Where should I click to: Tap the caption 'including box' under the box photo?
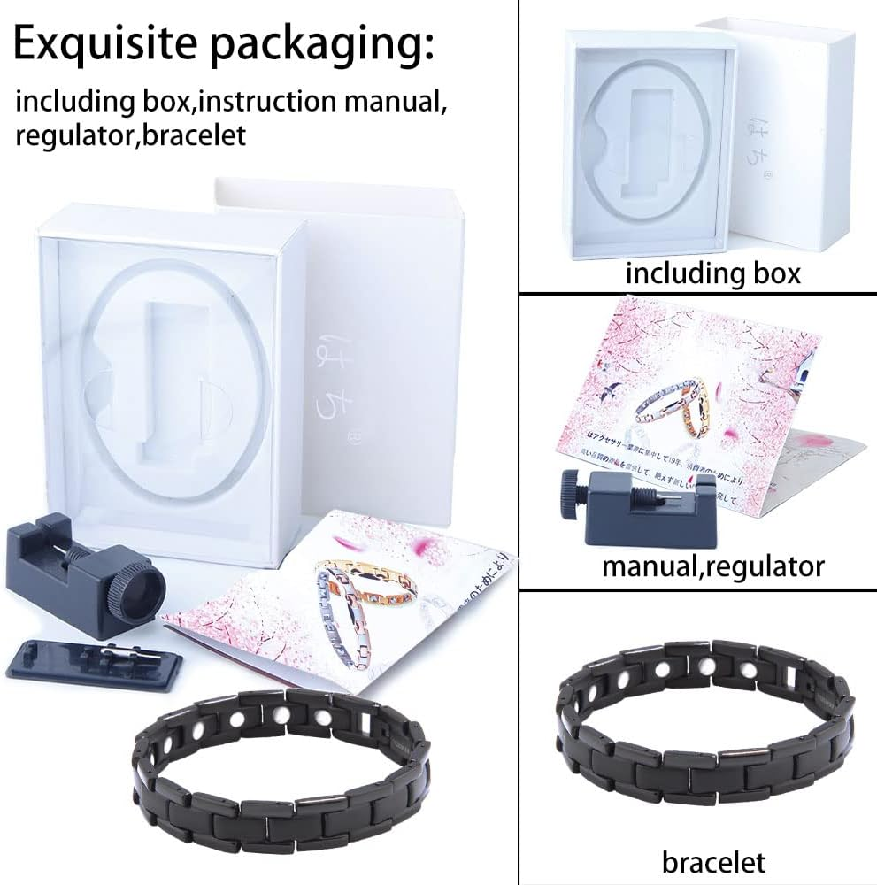click(712, 273)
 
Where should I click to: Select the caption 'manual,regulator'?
click(712, 565)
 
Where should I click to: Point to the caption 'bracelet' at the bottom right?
click(713, 861)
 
